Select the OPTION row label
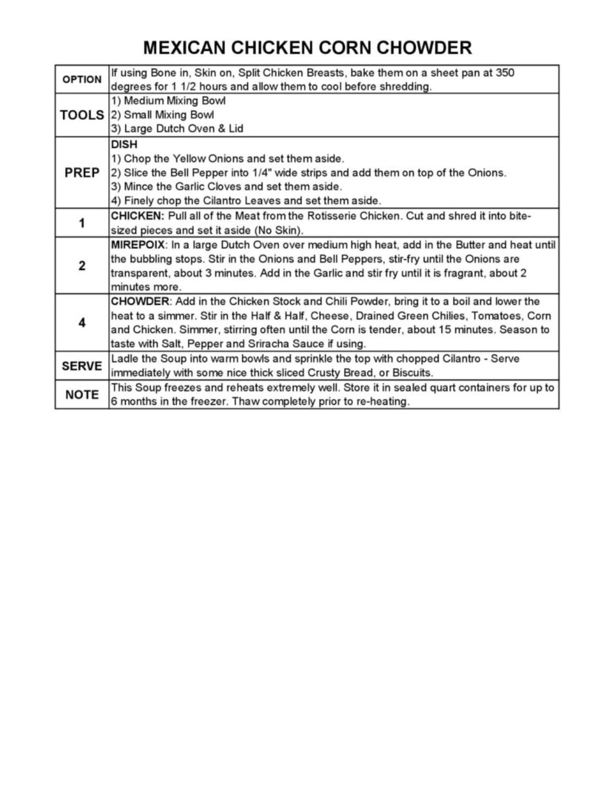82,80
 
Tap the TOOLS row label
82,115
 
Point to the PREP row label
82,172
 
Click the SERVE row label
82,366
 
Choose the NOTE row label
82,394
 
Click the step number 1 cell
82,223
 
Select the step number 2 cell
82,266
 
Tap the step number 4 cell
82,322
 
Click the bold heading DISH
124,144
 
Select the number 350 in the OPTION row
505,73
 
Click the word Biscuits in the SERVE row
412,372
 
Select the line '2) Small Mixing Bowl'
163,115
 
